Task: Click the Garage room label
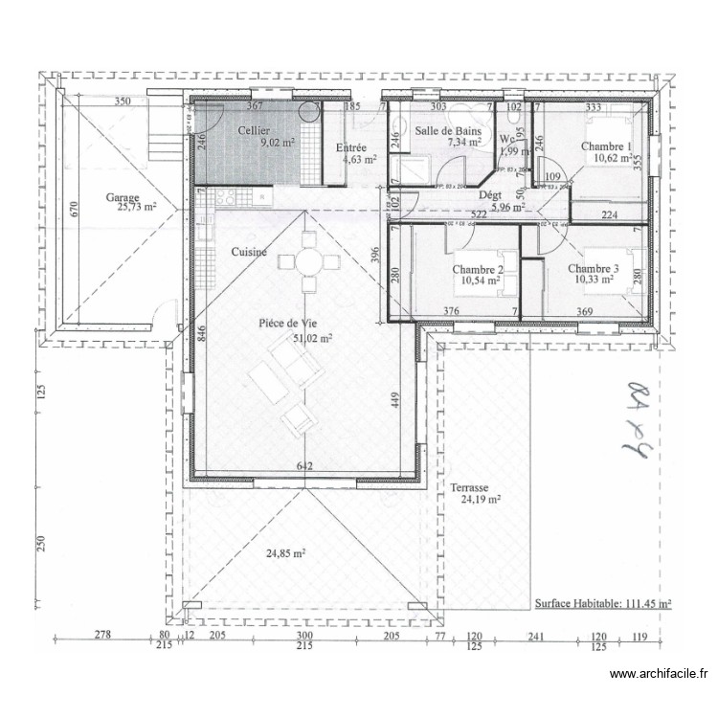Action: [123, 197]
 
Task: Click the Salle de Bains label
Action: [447, 130]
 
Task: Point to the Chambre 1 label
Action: [607, 146]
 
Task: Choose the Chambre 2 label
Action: [478, 270]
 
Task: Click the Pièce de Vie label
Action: [288, 325]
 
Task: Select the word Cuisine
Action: [249, 252]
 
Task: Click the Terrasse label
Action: [468, 487]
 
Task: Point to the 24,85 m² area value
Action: [285, 552]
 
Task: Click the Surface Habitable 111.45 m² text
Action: [603, 604]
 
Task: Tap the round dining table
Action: [308, 260]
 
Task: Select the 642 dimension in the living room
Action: [305, 466]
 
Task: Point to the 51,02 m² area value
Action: [312, 338]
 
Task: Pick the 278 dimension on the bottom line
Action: [103, 635]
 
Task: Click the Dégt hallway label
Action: [489, 194]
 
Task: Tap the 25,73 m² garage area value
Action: [138, 207]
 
